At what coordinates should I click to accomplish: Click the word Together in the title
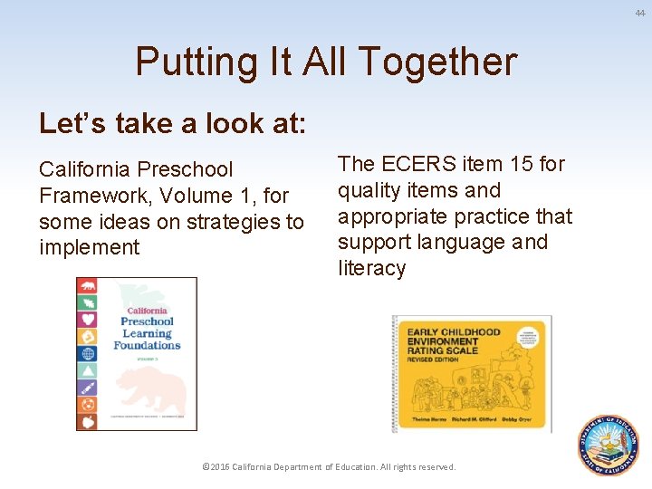pyautogui.click(x=437, y=62)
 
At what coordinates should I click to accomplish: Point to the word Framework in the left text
pyautogui.click(x=91, y=196)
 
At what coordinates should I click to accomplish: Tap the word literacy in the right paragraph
pyautogui.click(x=372, y=269)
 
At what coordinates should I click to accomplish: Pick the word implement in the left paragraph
pyautogui.click(x=89, y=248)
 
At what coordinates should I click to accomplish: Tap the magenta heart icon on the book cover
pyautogui.click(x=88, y=319)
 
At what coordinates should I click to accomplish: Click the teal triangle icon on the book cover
pyautogui.click(x=88, y=370)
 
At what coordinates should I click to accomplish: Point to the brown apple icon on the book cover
pyautogui.click(x=88, y=421)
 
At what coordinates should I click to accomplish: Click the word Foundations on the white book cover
pyautogui.click(x=147, y=345)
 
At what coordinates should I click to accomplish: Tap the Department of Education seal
pyautogui.click(x=609, y=446)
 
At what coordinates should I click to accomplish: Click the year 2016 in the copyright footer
pyautogui.click(x=218, y=467)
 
